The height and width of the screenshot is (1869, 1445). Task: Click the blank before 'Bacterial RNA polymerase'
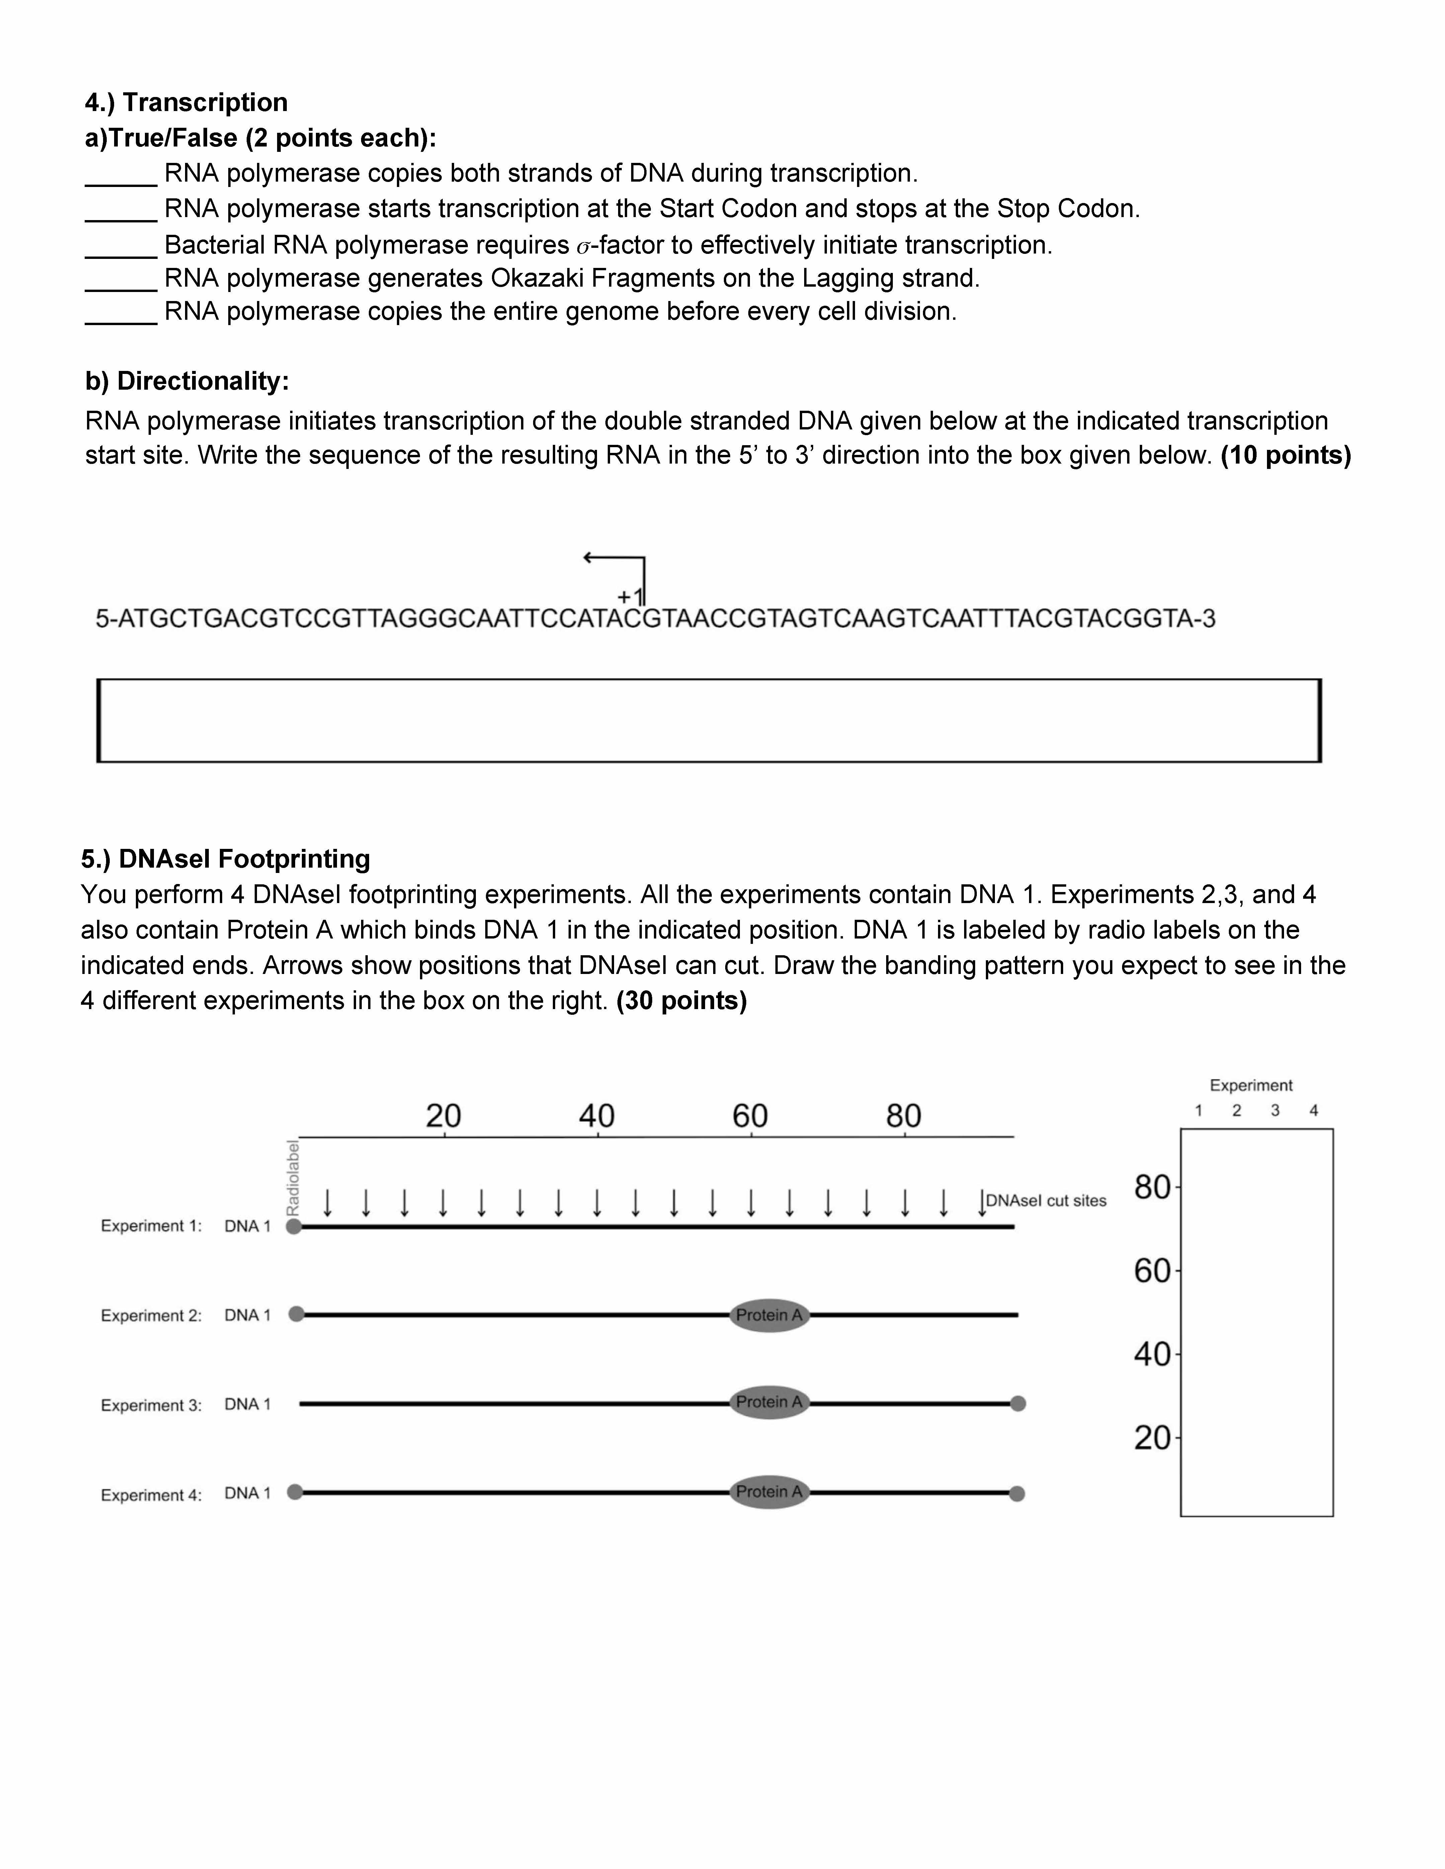click(121, 247)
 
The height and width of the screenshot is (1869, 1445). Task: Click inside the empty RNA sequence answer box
click(709, 720)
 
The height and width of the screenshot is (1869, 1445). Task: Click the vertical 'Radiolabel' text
click(293, 1178)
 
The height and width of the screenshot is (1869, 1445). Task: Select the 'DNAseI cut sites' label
click(1046, 1201)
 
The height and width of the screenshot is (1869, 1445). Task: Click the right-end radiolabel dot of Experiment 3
click(1018, 1403)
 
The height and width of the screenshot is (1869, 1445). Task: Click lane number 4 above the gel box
click(1313, 1111)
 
